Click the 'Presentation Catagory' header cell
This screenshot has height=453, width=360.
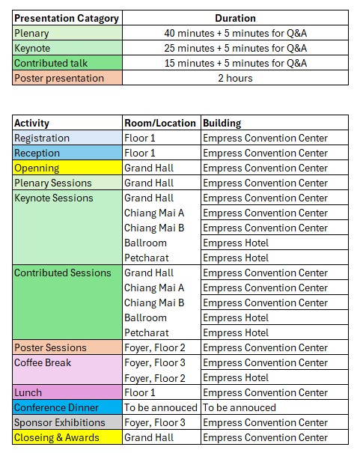(67, 18)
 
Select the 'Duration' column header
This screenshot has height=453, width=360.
(235, 18)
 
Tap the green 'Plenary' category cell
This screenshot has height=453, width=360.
(67, 33)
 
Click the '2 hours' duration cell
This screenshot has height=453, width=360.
(235, 78)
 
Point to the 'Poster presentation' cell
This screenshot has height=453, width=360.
(67, 78)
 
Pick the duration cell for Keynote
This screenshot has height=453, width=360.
(235, 48)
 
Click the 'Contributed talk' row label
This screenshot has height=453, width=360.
(67, 63)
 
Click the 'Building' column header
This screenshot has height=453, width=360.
(274, 123)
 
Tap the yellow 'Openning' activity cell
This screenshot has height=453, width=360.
(67, 168)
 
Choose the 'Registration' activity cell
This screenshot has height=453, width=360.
(67, 138)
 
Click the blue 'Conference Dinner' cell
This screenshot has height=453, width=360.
(67, 407)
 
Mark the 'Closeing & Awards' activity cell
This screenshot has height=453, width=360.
(67, 437)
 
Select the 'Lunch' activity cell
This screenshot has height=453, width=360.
(67, 392)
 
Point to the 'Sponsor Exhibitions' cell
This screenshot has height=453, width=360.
(67, 422)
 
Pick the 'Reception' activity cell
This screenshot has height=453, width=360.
(67, 153)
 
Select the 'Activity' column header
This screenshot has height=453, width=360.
(67, 123)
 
